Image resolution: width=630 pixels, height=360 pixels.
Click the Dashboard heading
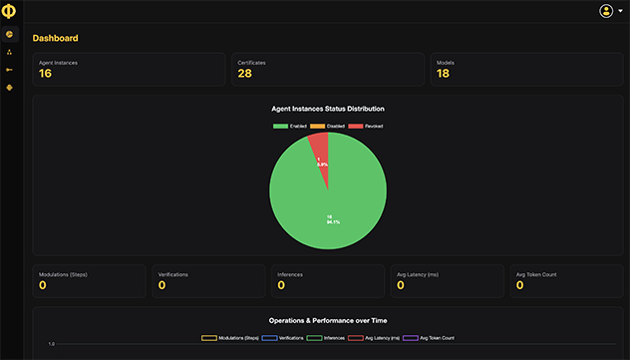coord(55,38)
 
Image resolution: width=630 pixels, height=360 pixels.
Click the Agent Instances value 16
coord(46,74)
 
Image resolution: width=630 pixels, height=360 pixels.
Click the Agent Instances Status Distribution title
coord(328,108)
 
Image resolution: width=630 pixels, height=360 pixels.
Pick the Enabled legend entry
coord(289,127)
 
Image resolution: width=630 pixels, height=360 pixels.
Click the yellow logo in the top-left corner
coord(9,11)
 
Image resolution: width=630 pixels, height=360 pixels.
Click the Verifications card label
coord(173,273)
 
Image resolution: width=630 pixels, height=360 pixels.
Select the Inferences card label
coord(290,273)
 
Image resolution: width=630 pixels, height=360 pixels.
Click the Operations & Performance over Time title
coord(328,320)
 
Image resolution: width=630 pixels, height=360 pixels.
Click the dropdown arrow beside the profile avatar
coord(619,11)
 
